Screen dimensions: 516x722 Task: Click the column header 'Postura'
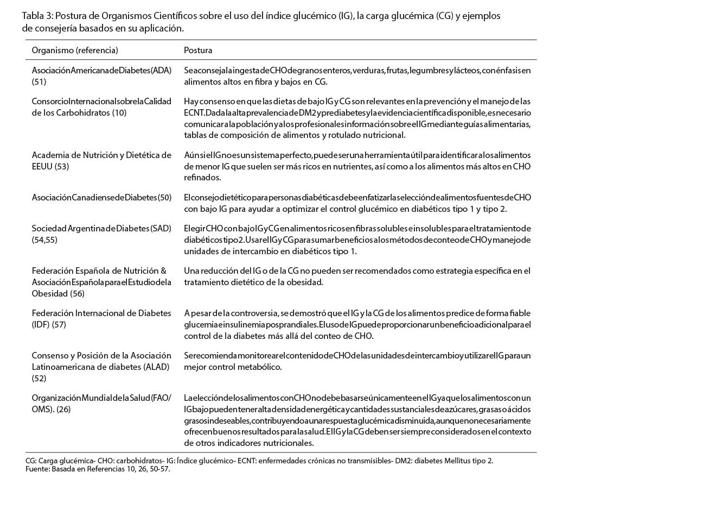point(198,50)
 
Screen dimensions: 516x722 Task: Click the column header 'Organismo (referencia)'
point(75,50)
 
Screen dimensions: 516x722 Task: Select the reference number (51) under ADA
point(39,81)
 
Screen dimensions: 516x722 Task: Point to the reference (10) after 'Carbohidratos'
point(119,112)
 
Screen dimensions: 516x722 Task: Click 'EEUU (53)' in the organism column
point(50,166)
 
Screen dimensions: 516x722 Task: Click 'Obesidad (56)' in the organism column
point(58,293)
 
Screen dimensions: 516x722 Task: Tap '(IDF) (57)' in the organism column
point(49,324)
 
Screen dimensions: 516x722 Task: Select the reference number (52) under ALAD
point(39,378)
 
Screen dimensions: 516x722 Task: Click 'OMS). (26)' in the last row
point(51,409)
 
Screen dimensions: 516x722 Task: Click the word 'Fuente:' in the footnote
point(37,469)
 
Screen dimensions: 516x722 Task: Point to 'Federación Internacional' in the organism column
point(79,313)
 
